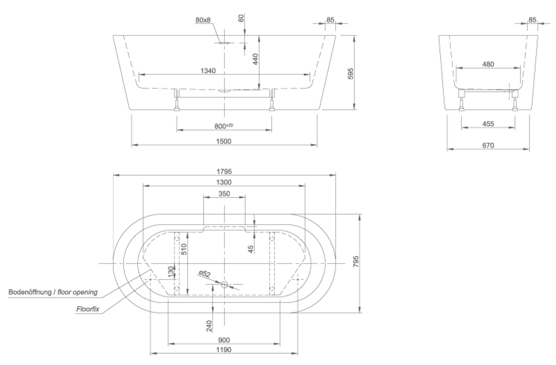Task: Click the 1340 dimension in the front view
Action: point(209,71)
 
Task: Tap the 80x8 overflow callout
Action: point(203,20)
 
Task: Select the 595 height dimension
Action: point(350,73)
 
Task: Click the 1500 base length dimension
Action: point(224,141)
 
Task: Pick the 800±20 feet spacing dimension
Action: point(224,126)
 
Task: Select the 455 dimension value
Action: point(488,124)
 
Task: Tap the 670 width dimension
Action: point(488,145)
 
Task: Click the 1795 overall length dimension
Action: point(225,171)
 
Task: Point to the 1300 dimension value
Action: point(225,182)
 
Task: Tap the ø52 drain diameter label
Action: point(205,273)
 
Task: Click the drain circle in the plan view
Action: point(225,284)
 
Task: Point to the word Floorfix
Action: point(87,309)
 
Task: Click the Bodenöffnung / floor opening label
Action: point(53,292)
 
